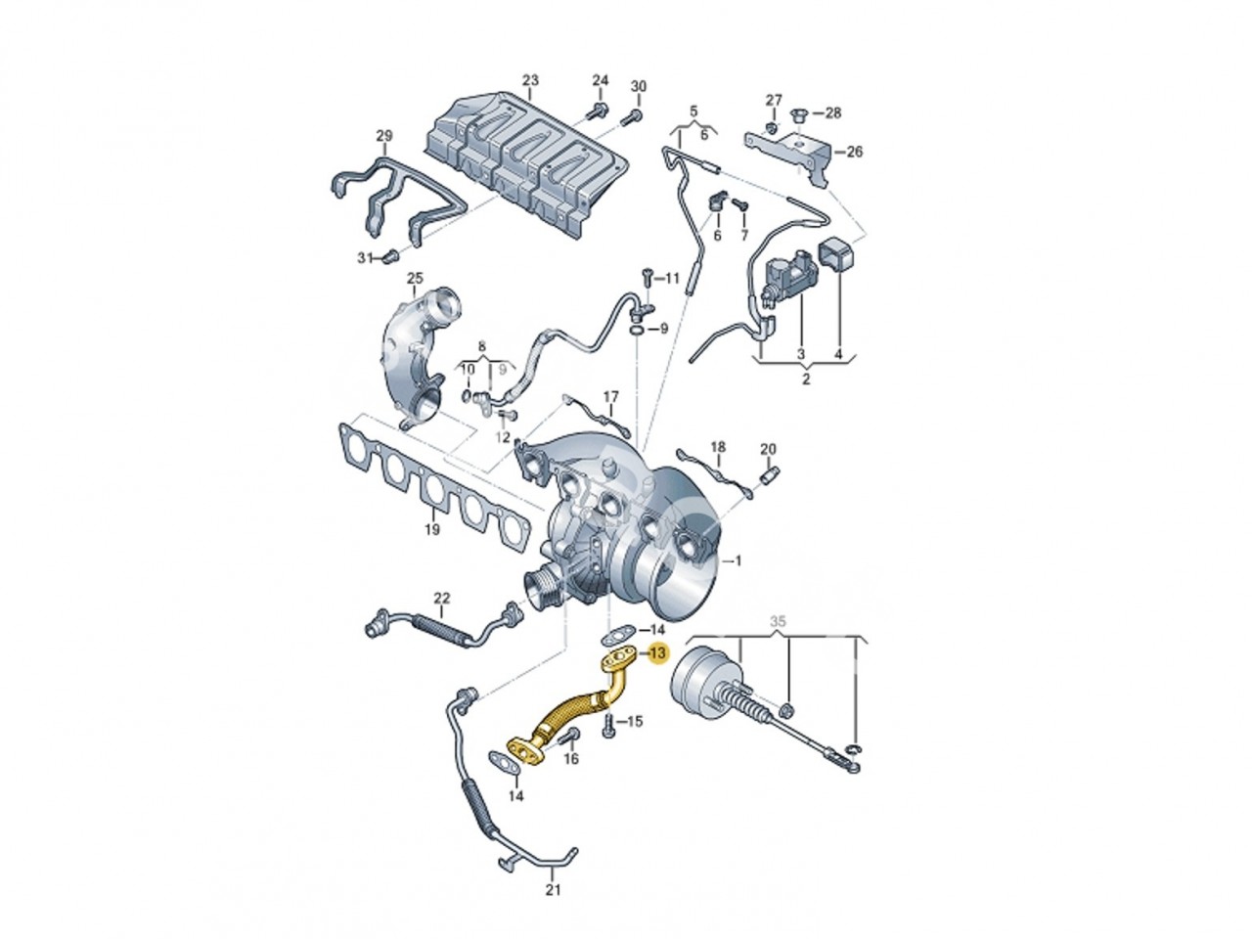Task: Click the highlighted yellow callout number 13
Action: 657,652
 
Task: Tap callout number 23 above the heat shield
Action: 530,80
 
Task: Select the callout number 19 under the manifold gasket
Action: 431,529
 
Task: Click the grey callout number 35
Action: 778,621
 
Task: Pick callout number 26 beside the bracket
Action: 854,152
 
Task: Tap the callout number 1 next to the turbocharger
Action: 738,561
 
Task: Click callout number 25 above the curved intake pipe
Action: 415,278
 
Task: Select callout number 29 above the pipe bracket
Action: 384,136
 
